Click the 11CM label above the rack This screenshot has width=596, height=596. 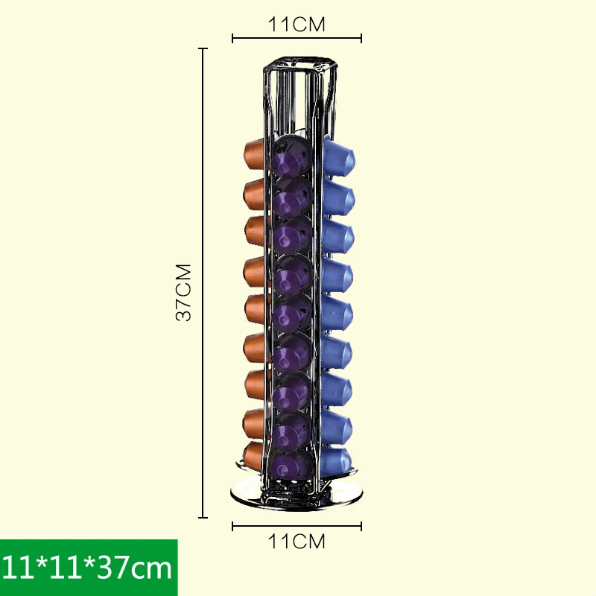coord(297,25)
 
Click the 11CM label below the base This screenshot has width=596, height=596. coord(297,542)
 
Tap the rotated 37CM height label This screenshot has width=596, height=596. coord(184,291)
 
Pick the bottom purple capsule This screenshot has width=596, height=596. coord(291,464)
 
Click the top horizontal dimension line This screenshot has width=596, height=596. coord(297,38)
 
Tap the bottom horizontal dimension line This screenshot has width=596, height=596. coord(297,526)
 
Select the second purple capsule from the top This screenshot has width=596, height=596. coord(291,197)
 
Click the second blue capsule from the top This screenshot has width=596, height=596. coord(339,197)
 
